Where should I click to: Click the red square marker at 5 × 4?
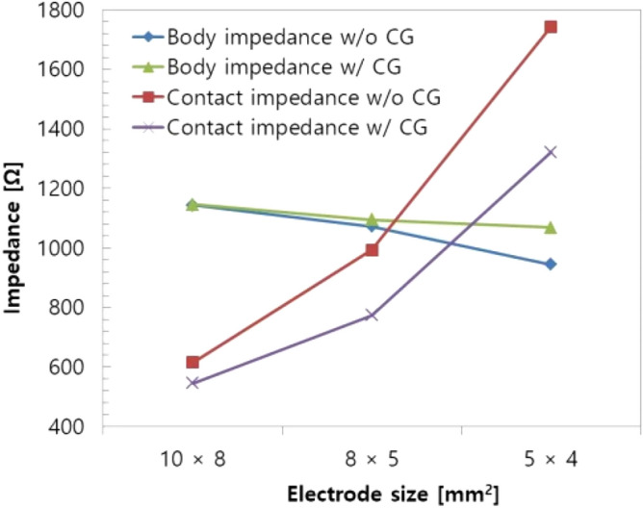(x=551, y=27)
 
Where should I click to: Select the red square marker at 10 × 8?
(x=193, y=362)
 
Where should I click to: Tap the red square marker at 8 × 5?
(x=372, y=250)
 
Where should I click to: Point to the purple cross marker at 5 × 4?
(x=551, y=152)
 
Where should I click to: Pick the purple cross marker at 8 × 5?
(x=372, y=315)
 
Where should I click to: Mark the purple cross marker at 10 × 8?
(x=193, y=383)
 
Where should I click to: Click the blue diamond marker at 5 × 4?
(x=551, y=264)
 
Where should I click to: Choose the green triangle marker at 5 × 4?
(x=551, y=227)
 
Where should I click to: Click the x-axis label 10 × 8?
(x=193, y=459)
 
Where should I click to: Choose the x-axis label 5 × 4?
(x=551, y=459)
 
